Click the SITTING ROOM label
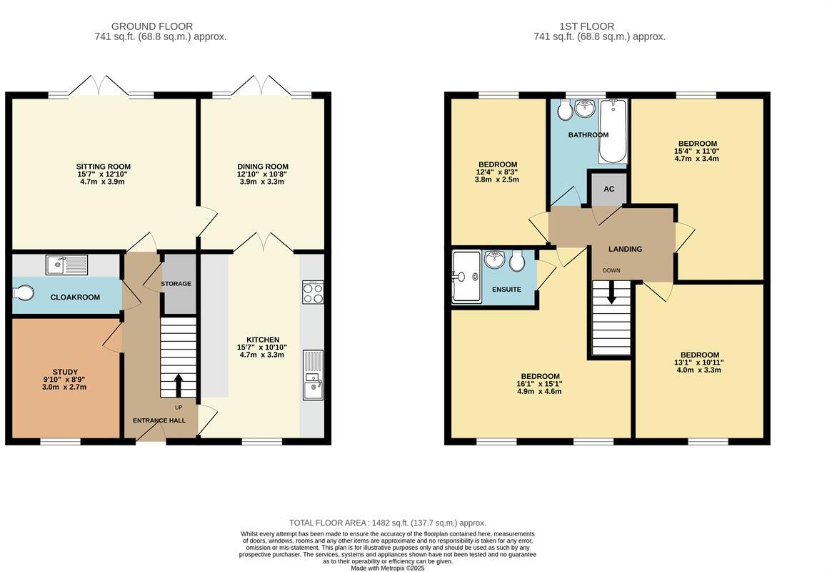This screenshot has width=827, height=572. (x=104, y=167)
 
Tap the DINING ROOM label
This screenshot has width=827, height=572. (x=263, y=167)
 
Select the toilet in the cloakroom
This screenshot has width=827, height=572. (x=24, y=294)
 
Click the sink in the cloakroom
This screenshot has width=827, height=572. (x=66, y=265)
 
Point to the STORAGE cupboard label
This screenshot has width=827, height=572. (x=176, y=284)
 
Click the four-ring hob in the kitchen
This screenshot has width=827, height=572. (x=313, y=293)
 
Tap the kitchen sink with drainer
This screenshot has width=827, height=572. (x=313, y=375)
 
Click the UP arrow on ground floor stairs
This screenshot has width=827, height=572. (x=178, y=385)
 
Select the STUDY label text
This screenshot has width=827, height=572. (x=66, y=372)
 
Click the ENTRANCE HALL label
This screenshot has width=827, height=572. (x=159, y=420)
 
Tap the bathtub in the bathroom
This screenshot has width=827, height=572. (x=613, y=132)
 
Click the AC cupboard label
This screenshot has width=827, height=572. (x=608, y=189)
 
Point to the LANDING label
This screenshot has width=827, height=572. (x=625, y=249)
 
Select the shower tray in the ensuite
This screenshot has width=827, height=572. (x=466, y=277)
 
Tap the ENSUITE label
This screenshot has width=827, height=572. (x=506, y=290)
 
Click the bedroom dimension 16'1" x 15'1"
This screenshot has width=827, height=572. (x=540, y=384)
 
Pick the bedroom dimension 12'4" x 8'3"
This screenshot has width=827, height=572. (x=498, y=172)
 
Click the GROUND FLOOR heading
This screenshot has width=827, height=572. (x=151, y=26)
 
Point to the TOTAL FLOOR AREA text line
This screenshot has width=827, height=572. (x=387, y=523)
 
